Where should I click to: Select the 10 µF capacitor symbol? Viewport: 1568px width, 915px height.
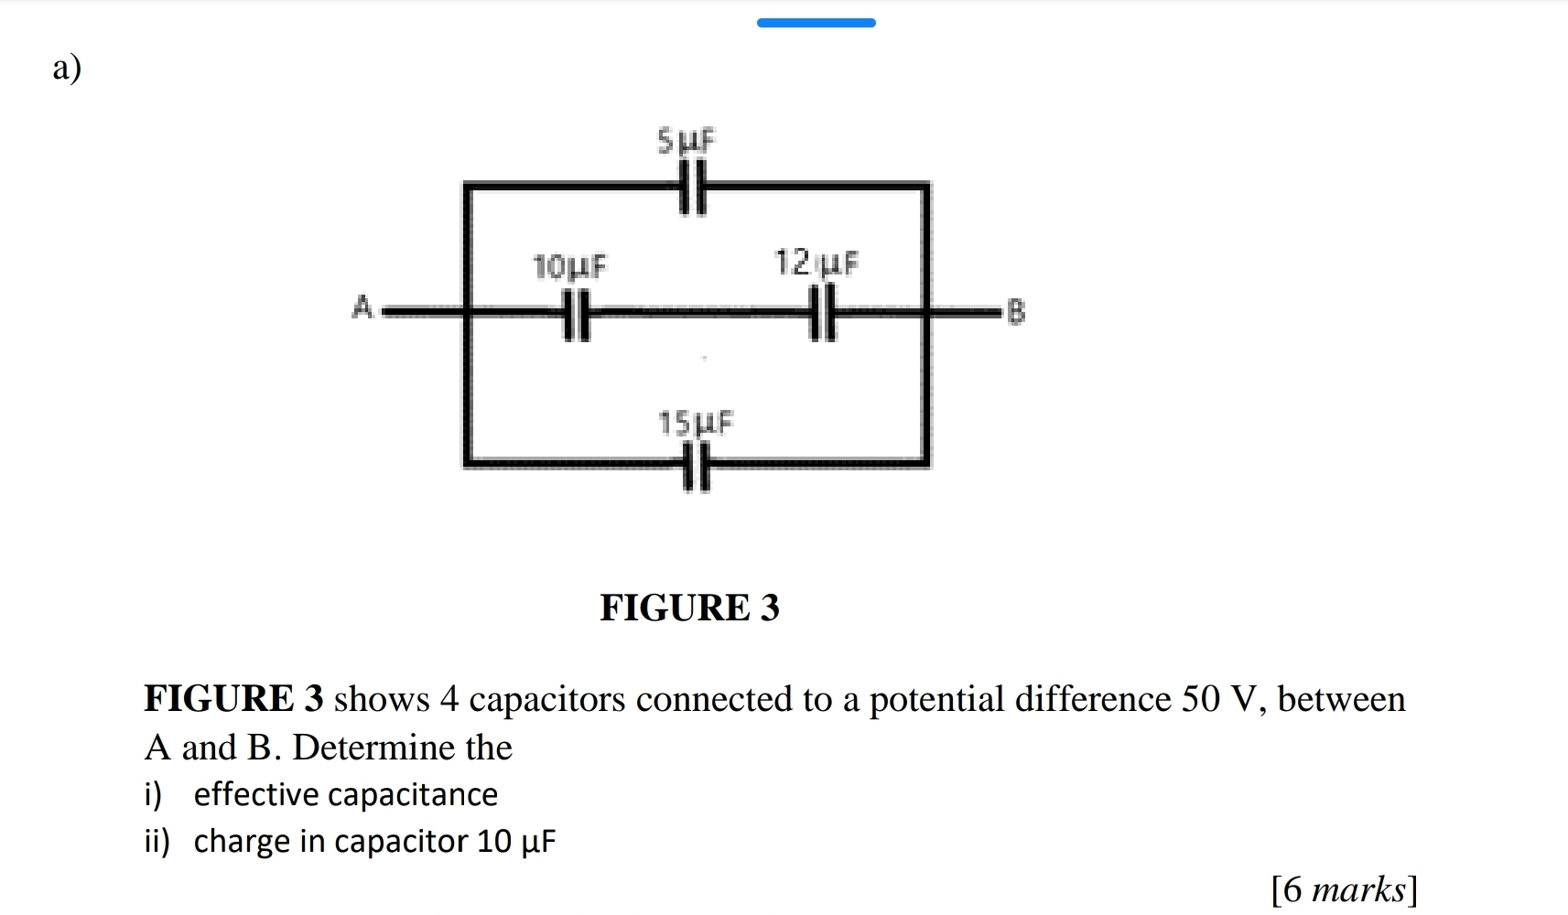[x=576, y=314]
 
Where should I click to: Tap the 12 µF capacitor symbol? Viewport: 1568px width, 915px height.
[x=823, y=313]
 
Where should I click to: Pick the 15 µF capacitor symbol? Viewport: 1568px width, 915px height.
[x=697, y=466]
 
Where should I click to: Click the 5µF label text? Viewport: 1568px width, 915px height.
[x=687, y=141]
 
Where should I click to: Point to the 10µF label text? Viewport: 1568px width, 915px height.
[x=569, y=266]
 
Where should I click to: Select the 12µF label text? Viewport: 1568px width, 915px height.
[x=816, y=264]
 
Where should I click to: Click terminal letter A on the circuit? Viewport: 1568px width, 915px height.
[x=362, y=307]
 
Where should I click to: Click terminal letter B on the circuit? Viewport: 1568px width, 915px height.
[x=1015, y=312]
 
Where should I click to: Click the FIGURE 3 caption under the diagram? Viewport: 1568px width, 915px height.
[x=689, y=608]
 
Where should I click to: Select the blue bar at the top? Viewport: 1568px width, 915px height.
[x=816, y=23]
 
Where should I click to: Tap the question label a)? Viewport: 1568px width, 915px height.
[x=67, y=67]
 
